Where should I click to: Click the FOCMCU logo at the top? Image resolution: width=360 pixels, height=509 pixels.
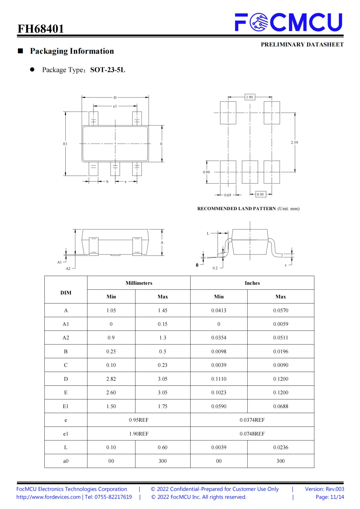(289, 22)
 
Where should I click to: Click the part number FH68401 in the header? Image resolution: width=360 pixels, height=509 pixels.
(41, 29)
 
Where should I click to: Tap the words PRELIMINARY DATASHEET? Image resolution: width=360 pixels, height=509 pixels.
(302, 45)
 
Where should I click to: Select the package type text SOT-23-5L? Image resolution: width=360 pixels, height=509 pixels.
(108, 70)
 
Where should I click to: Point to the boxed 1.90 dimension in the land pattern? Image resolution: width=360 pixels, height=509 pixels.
(250, 97)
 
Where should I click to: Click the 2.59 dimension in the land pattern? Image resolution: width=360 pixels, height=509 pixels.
(294, 143)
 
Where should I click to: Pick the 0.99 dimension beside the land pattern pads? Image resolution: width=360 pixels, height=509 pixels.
(206, 172)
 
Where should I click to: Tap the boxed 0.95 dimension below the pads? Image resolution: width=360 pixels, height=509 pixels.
(260, 195)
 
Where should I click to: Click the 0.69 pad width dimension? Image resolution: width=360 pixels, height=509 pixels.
(228, 195)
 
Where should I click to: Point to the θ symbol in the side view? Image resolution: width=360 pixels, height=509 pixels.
(197, 265)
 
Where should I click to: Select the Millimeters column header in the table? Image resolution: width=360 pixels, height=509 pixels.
(139, 283)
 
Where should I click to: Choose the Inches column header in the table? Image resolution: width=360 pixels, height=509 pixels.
(252, 283)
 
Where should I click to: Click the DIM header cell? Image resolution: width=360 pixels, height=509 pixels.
(66, 293)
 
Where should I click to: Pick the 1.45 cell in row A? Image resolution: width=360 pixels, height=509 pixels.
(163, 310)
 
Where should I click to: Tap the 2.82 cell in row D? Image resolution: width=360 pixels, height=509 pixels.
(111, 379)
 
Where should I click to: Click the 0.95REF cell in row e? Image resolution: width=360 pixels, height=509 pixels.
(139, 420)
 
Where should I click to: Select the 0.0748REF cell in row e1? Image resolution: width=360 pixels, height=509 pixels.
(252, 434)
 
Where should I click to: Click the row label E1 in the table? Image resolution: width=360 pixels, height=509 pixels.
(66, 406)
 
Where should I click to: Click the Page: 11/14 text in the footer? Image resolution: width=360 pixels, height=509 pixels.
(330, 497)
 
